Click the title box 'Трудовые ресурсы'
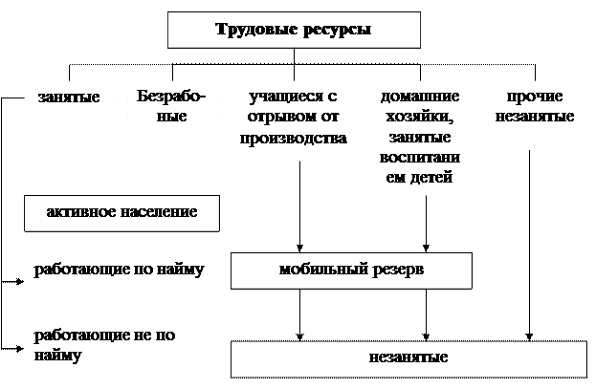click(294, 30)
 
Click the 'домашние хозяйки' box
click(420, 138)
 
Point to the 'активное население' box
click(121, 212)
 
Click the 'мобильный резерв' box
click(351, 270)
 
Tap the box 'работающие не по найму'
click(121, 348)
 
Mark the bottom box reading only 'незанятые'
click(407, 359)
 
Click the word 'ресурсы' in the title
click(337, 30)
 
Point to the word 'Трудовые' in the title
click(254, 30)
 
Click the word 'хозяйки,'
click(420, 118)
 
